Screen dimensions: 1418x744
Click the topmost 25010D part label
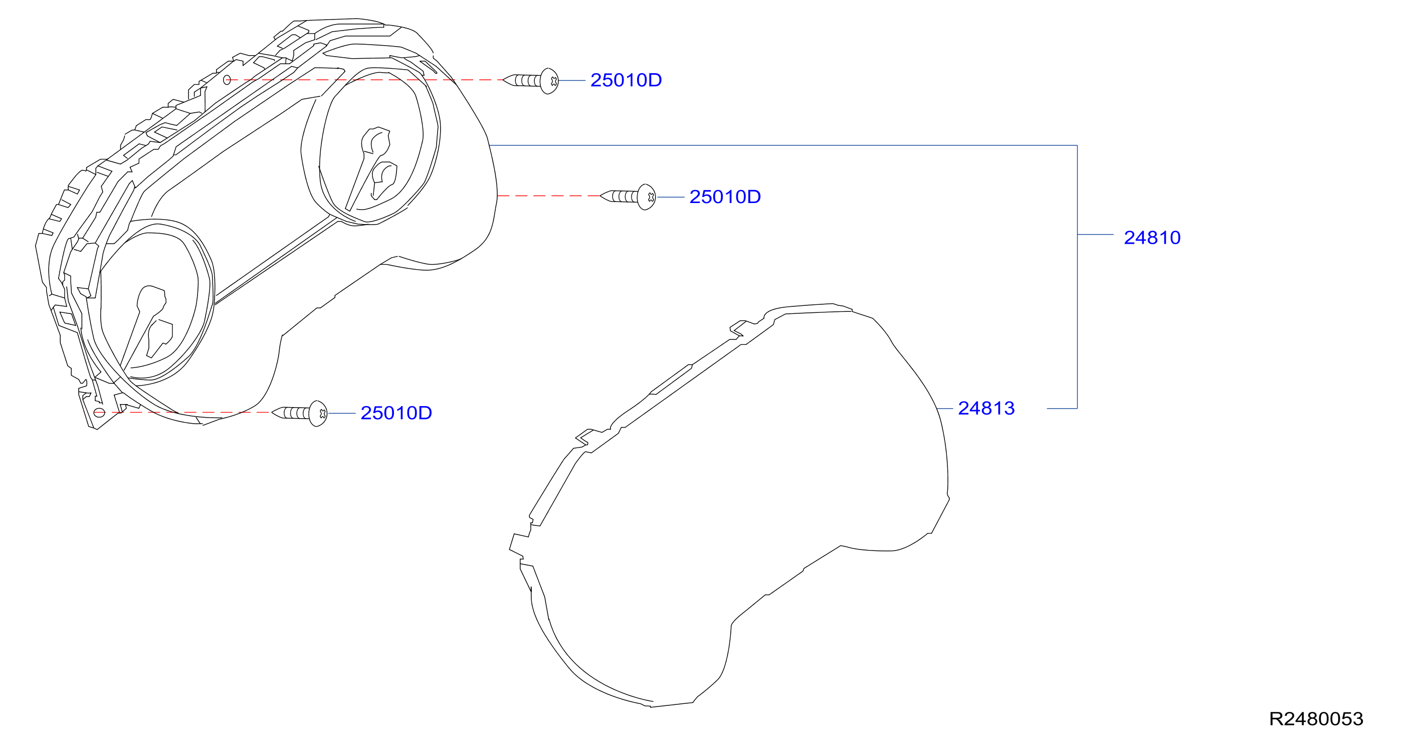[626, 80]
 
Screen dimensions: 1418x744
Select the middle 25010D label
[725, 197]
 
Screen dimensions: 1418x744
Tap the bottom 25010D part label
[396, 413]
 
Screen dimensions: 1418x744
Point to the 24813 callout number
[986, 409]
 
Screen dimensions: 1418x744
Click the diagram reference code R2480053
[1316, 718]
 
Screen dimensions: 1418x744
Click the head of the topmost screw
[549, 81]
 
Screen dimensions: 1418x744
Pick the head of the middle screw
[647, 197]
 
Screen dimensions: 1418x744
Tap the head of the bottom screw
[318, 414]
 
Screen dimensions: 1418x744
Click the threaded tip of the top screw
[504, 80]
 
